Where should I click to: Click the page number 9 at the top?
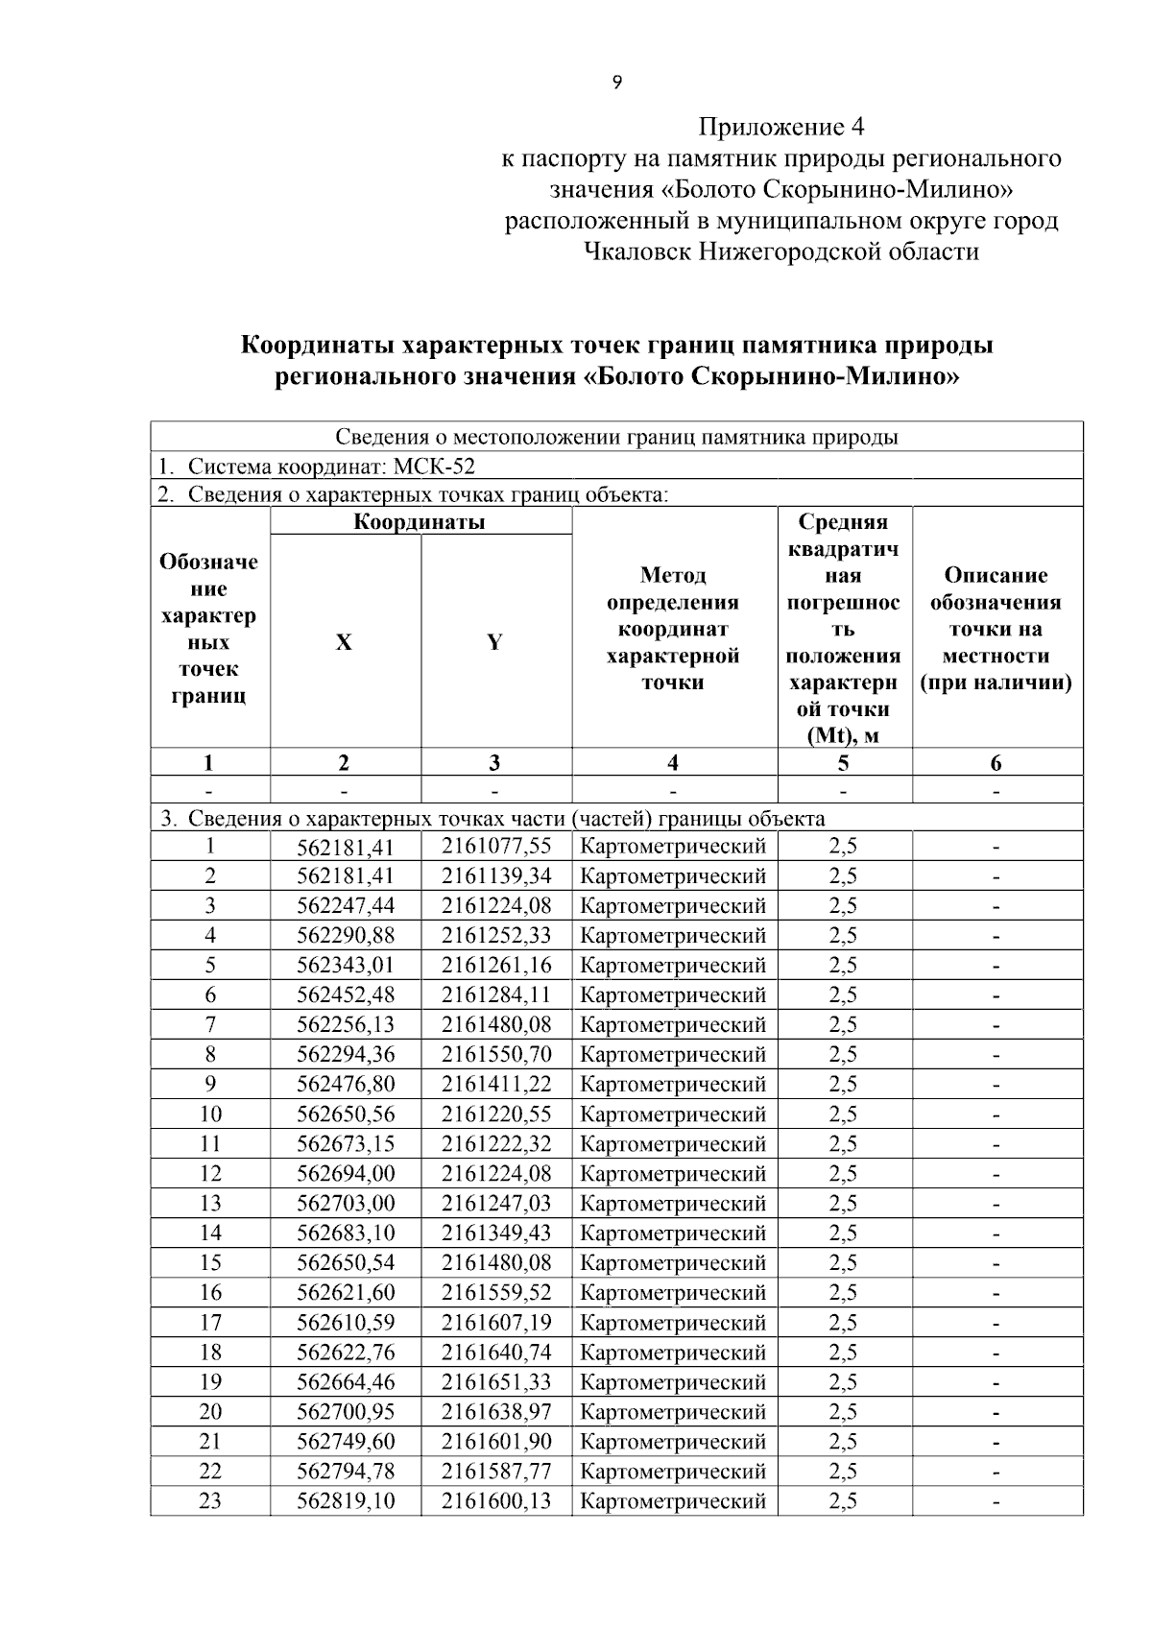616,83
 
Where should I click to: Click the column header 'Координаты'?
420,522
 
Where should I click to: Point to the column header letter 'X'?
344,642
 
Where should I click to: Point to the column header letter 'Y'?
494,642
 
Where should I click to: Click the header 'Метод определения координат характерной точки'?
673,629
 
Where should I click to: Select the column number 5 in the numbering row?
843,763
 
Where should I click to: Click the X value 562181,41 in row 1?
346,847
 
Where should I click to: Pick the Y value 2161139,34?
496,875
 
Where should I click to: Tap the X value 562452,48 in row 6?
346,994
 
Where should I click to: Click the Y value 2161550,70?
496,1054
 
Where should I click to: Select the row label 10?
209,1114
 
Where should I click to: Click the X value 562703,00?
346,1203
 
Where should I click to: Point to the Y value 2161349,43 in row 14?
496,1233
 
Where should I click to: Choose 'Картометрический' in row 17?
673,1323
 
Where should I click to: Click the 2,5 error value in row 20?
843,1412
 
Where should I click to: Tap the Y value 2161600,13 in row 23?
496,1500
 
